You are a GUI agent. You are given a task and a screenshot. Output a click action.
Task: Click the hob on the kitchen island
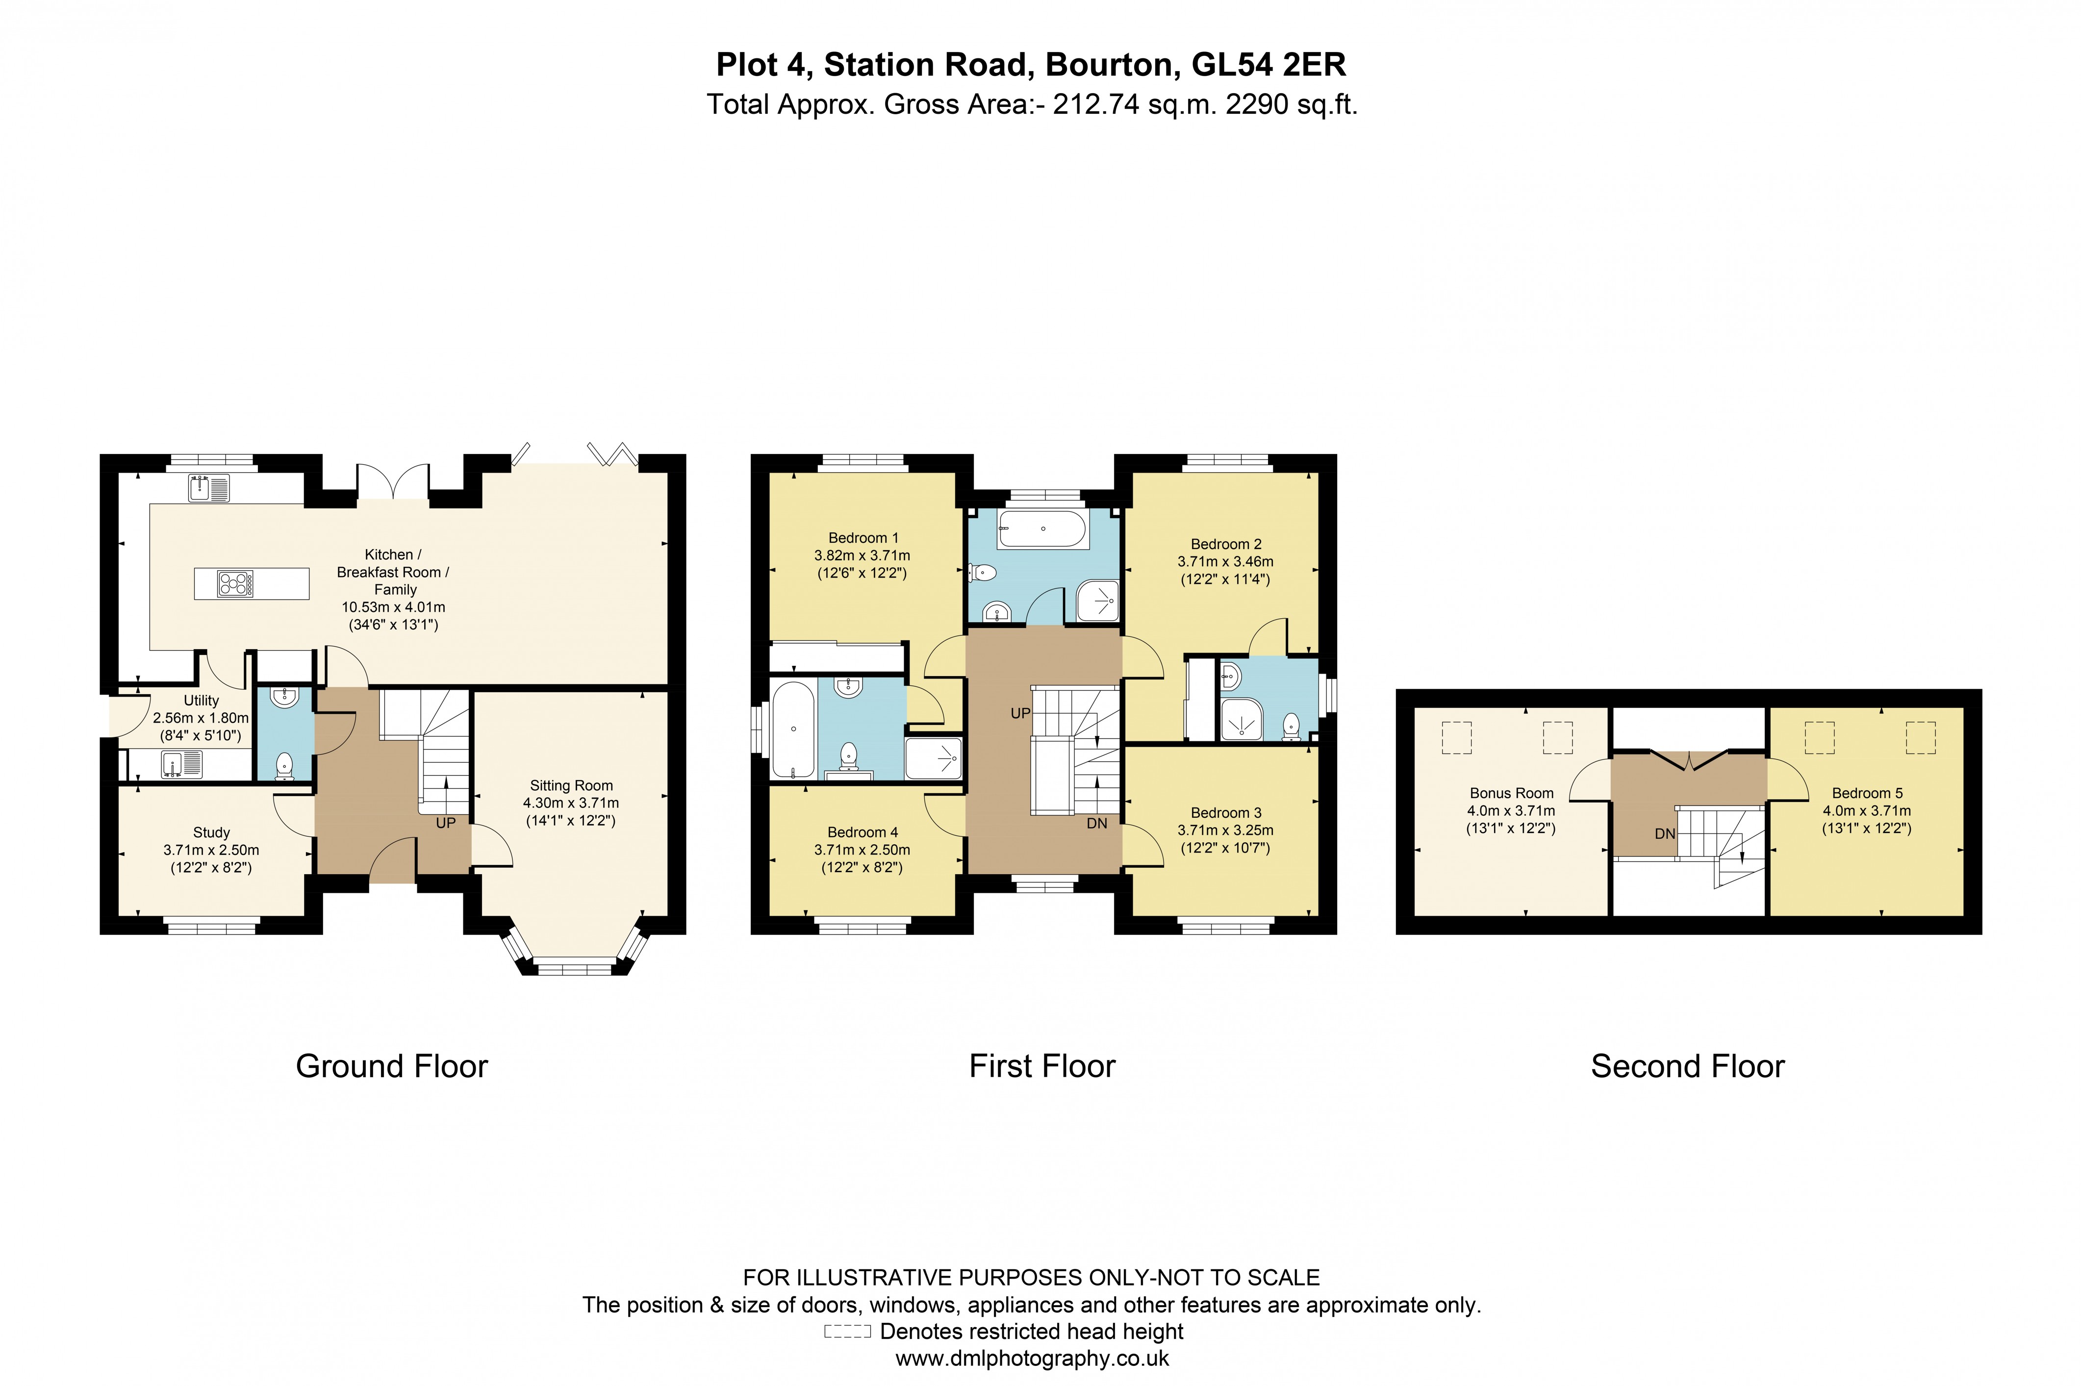pos(235,583)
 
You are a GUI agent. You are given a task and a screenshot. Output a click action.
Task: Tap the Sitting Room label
pos(571,785)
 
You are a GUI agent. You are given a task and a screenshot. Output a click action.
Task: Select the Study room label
pos(211,832)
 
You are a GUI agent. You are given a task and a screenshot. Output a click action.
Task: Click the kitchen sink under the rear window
pos(208,488)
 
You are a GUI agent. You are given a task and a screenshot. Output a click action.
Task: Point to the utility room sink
pos(181,764)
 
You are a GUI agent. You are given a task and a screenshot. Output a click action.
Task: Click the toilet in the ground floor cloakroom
pos(284,765)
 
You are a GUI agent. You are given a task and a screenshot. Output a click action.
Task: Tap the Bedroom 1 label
pos(863,537)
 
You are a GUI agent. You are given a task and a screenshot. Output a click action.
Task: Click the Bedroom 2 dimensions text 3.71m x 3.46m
pos(1225,561)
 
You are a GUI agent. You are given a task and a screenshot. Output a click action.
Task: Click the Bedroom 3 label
pos(1225,812)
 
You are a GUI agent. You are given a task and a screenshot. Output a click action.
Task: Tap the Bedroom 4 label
pos(862,832)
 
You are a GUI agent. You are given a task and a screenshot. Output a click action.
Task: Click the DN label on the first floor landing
pos(1096,823)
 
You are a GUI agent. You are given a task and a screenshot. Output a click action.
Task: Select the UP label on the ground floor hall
pos(446,823)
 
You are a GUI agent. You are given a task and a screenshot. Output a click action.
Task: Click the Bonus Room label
pos(1511,793)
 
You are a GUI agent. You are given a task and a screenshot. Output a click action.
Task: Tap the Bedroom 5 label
pos(1866,793)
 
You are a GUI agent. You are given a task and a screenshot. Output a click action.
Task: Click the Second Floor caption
pos(1687,1066)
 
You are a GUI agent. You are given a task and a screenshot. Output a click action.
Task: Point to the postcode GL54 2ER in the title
pos(1269,65)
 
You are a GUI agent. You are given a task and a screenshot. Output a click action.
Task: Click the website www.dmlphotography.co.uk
pos(1032,1359)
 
